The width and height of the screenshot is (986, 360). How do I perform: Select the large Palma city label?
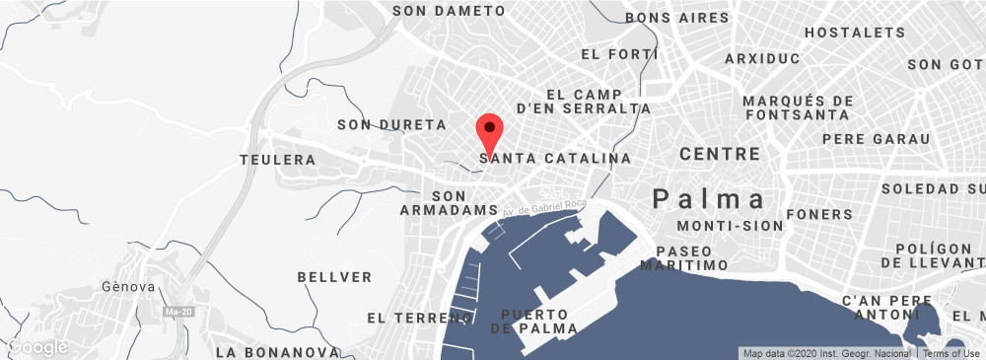709,199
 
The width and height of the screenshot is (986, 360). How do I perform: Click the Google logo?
36,347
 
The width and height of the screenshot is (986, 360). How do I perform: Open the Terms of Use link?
951,353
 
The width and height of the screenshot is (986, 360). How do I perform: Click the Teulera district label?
278,159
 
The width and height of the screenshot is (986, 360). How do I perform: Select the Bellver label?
334,277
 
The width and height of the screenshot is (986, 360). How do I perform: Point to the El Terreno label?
419,319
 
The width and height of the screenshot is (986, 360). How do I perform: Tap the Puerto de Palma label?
533,322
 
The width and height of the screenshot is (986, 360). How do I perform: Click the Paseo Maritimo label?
683,258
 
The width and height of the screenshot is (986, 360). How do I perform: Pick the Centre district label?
720,155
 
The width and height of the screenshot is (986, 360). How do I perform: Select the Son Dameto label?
448,11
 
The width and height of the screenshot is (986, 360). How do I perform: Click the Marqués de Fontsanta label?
798,108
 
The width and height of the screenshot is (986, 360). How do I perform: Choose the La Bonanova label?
277,352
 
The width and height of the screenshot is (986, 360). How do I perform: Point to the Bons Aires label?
677,18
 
